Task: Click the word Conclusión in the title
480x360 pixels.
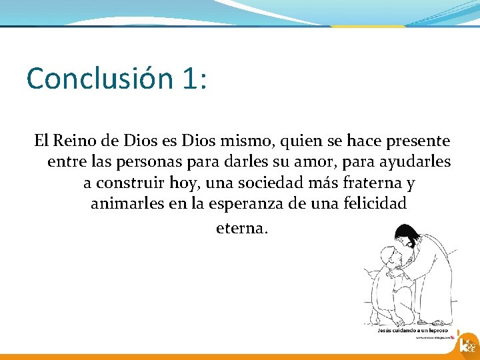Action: pos(99,79)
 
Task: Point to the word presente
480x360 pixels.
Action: pos(417,141)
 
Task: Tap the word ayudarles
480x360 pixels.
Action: pos(419,162)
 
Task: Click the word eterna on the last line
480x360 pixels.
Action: pos(241,228)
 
